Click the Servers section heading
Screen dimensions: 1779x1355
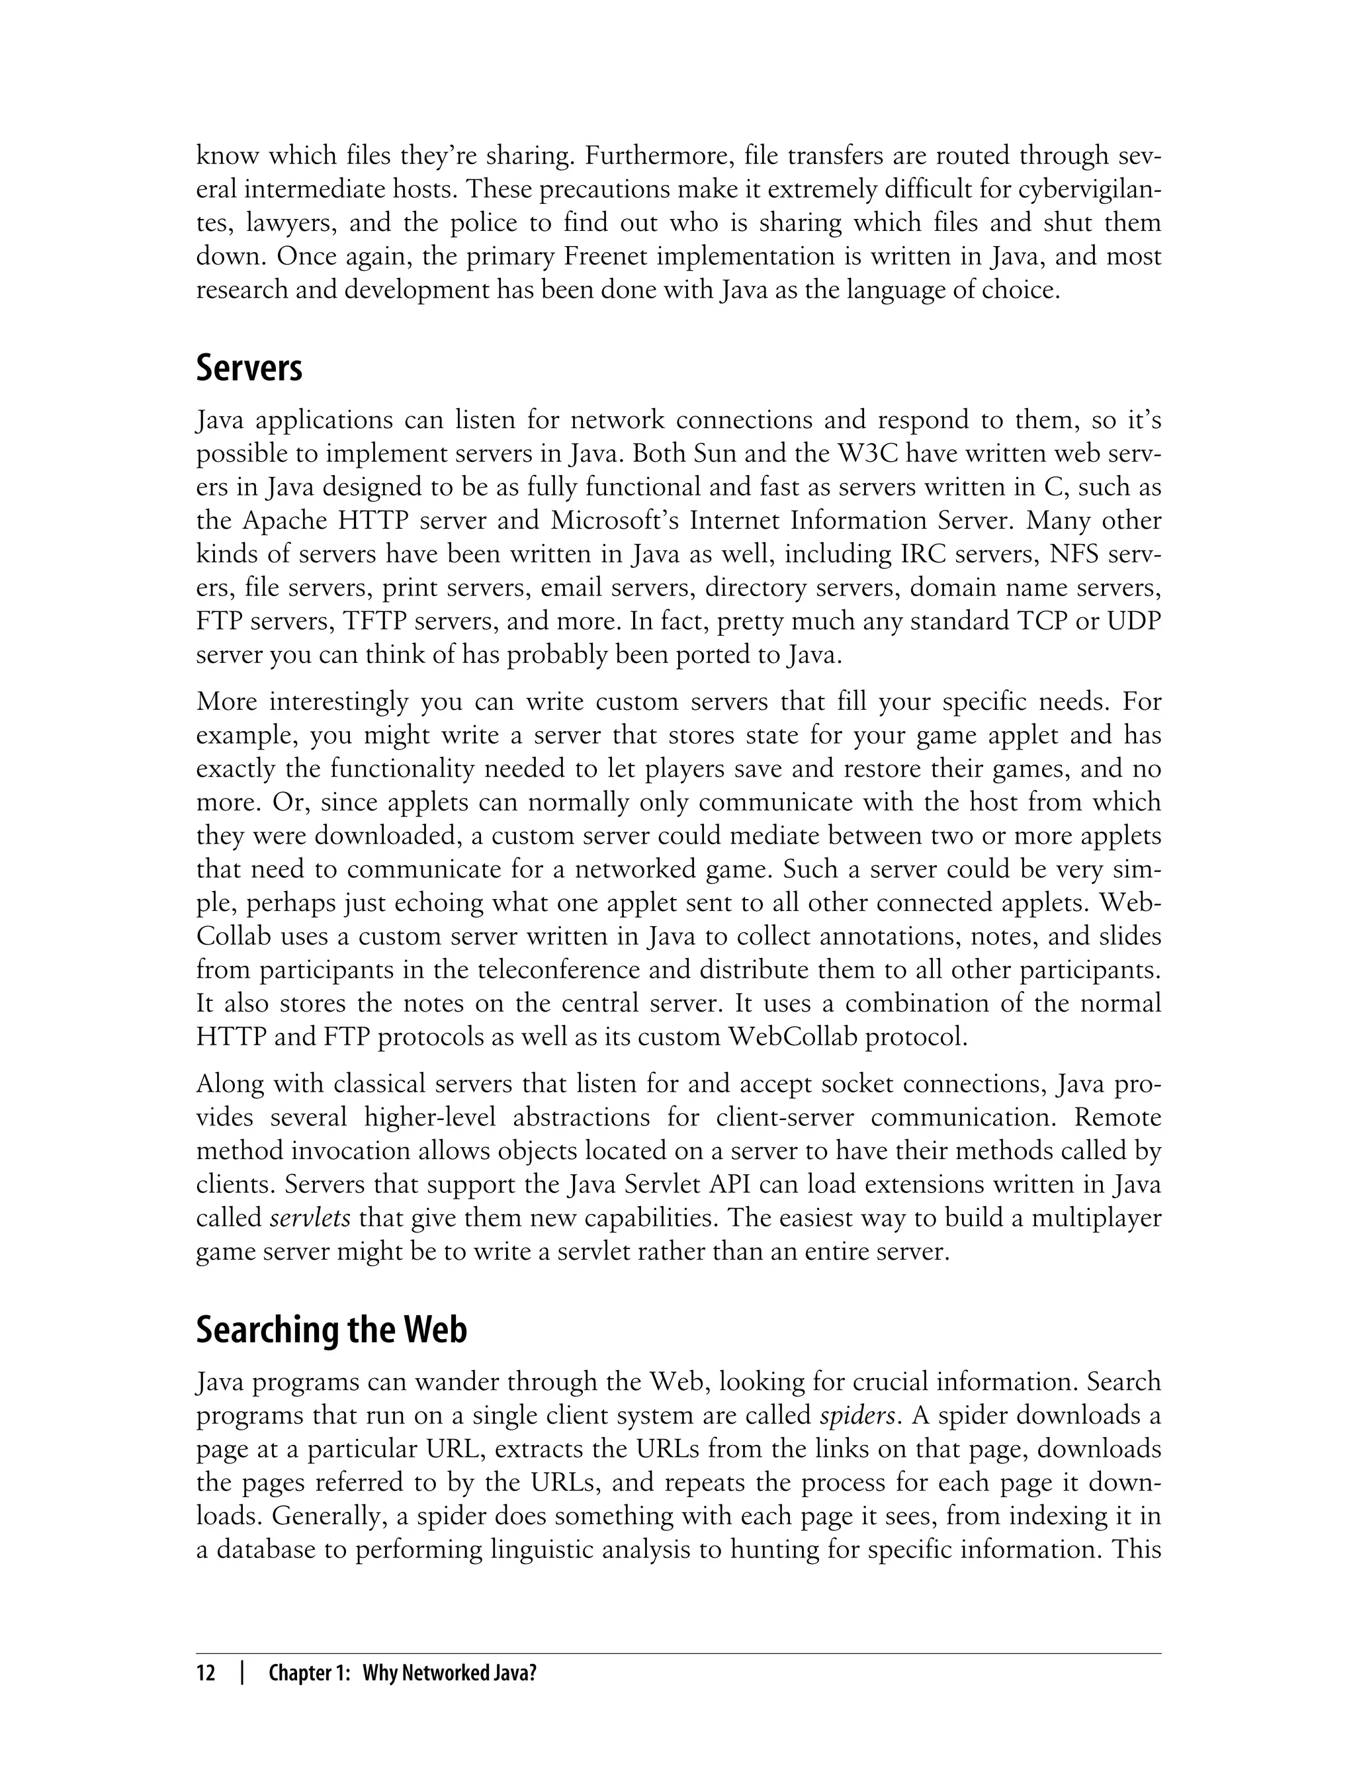[x=249, y=369]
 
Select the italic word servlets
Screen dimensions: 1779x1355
[x=310, y=1218]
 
